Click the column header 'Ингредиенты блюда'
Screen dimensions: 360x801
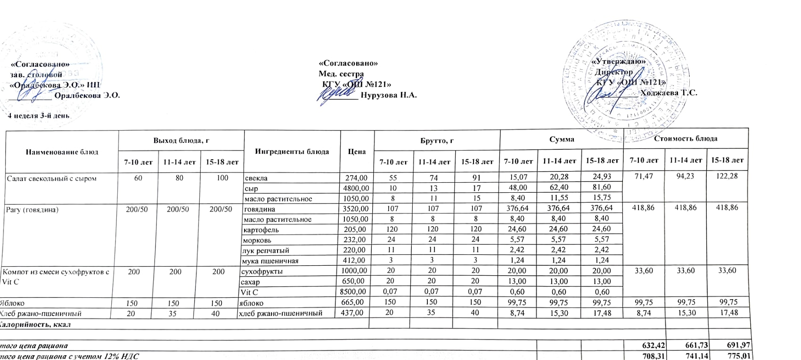coord(292,151)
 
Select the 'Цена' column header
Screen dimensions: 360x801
coord(357,151)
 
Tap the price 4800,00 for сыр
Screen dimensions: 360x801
coord(356,188)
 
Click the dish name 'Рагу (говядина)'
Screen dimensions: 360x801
coord(32,209)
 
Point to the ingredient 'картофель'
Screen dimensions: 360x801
coord(261,230)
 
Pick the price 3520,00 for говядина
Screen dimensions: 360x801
coord(356,209)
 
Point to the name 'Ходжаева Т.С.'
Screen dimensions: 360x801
coord(669,93)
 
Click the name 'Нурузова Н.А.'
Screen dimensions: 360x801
coord(388,95)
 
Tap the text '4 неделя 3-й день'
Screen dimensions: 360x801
coord(39,115)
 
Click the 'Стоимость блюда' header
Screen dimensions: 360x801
coord(686,139)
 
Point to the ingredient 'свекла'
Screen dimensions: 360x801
coord(256,178)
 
